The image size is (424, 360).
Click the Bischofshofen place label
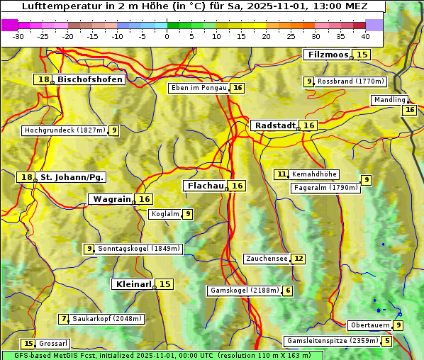(90, 80)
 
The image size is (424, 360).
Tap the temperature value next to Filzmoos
(362, 55)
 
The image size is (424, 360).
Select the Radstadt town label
(275, 125)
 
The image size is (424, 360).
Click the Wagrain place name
(112, 199)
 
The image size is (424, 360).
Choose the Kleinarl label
(133, 284)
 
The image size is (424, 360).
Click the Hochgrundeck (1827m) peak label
(65, 130)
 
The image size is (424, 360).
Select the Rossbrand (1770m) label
(350, 81)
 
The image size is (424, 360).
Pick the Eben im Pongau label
(199, 88)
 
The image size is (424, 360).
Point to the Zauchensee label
(267, 259)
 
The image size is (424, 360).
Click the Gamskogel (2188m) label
(245, 291)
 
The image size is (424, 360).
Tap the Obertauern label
(370, 325)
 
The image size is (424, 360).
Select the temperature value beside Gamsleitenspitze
(386, 341)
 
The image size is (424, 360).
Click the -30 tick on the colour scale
(18, 36)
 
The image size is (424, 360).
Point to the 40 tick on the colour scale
(365, 36)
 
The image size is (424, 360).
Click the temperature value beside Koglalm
(187, 214)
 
